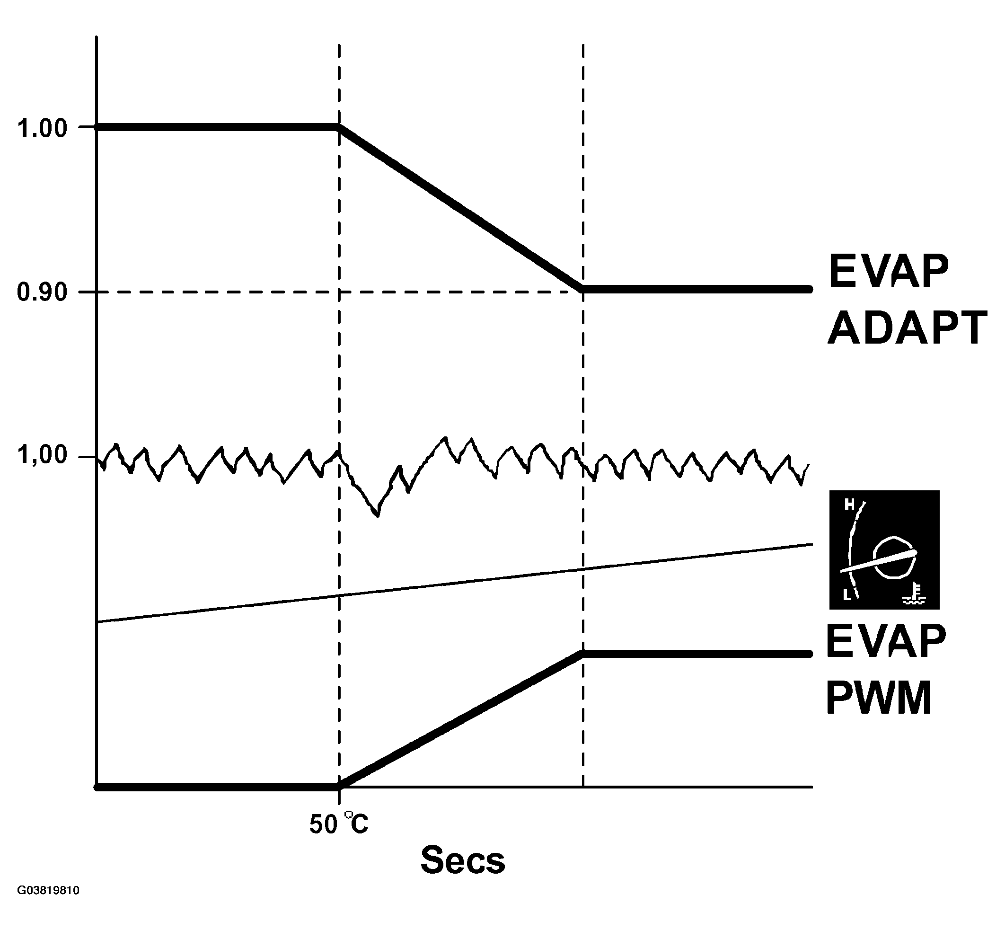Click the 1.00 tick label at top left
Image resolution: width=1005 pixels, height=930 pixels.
42,128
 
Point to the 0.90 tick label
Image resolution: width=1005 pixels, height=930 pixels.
42,292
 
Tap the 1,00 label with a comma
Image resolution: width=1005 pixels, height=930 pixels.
42,455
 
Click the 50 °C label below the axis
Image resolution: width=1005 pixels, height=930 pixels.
338,824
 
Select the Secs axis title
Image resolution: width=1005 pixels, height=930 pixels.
462,859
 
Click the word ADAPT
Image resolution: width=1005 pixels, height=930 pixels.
907,328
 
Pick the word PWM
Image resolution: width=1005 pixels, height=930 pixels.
878,699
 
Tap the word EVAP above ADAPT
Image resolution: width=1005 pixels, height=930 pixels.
888,271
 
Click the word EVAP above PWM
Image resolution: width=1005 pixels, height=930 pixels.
886,641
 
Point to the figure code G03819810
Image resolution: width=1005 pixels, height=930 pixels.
48,905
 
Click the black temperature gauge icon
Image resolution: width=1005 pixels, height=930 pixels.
884,549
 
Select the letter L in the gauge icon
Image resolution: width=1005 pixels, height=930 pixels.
847,595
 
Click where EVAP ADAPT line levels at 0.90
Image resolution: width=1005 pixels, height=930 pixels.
583,289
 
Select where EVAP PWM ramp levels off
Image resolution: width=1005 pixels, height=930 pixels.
583,654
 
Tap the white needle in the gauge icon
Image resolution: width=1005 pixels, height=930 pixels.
878,561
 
